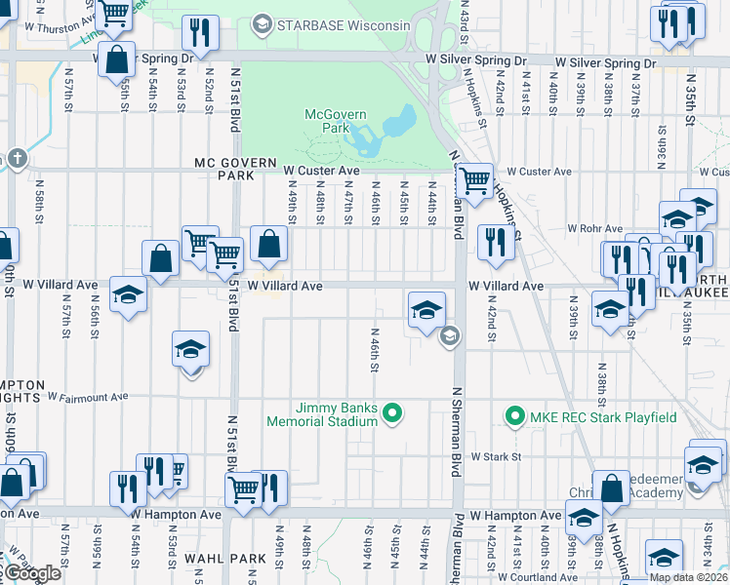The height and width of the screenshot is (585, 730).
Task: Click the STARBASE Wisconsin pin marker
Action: [261, 22]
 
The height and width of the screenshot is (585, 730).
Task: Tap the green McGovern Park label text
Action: [336, 121]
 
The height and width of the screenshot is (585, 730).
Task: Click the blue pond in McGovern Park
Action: [396, 128]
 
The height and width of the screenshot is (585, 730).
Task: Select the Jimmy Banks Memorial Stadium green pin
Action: [392, 415]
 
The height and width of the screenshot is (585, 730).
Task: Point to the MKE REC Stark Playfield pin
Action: [514, 416]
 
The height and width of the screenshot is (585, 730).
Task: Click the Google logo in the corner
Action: [31, 573]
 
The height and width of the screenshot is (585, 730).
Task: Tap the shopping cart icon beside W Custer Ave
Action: [474, 180]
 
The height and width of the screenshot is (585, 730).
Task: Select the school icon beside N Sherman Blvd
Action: [426, 310]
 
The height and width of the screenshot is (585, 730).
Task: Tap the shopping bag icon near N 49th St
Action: [268, 244]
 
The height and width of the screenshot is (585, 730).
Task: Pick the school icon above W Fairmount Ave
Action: [190, 349]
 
